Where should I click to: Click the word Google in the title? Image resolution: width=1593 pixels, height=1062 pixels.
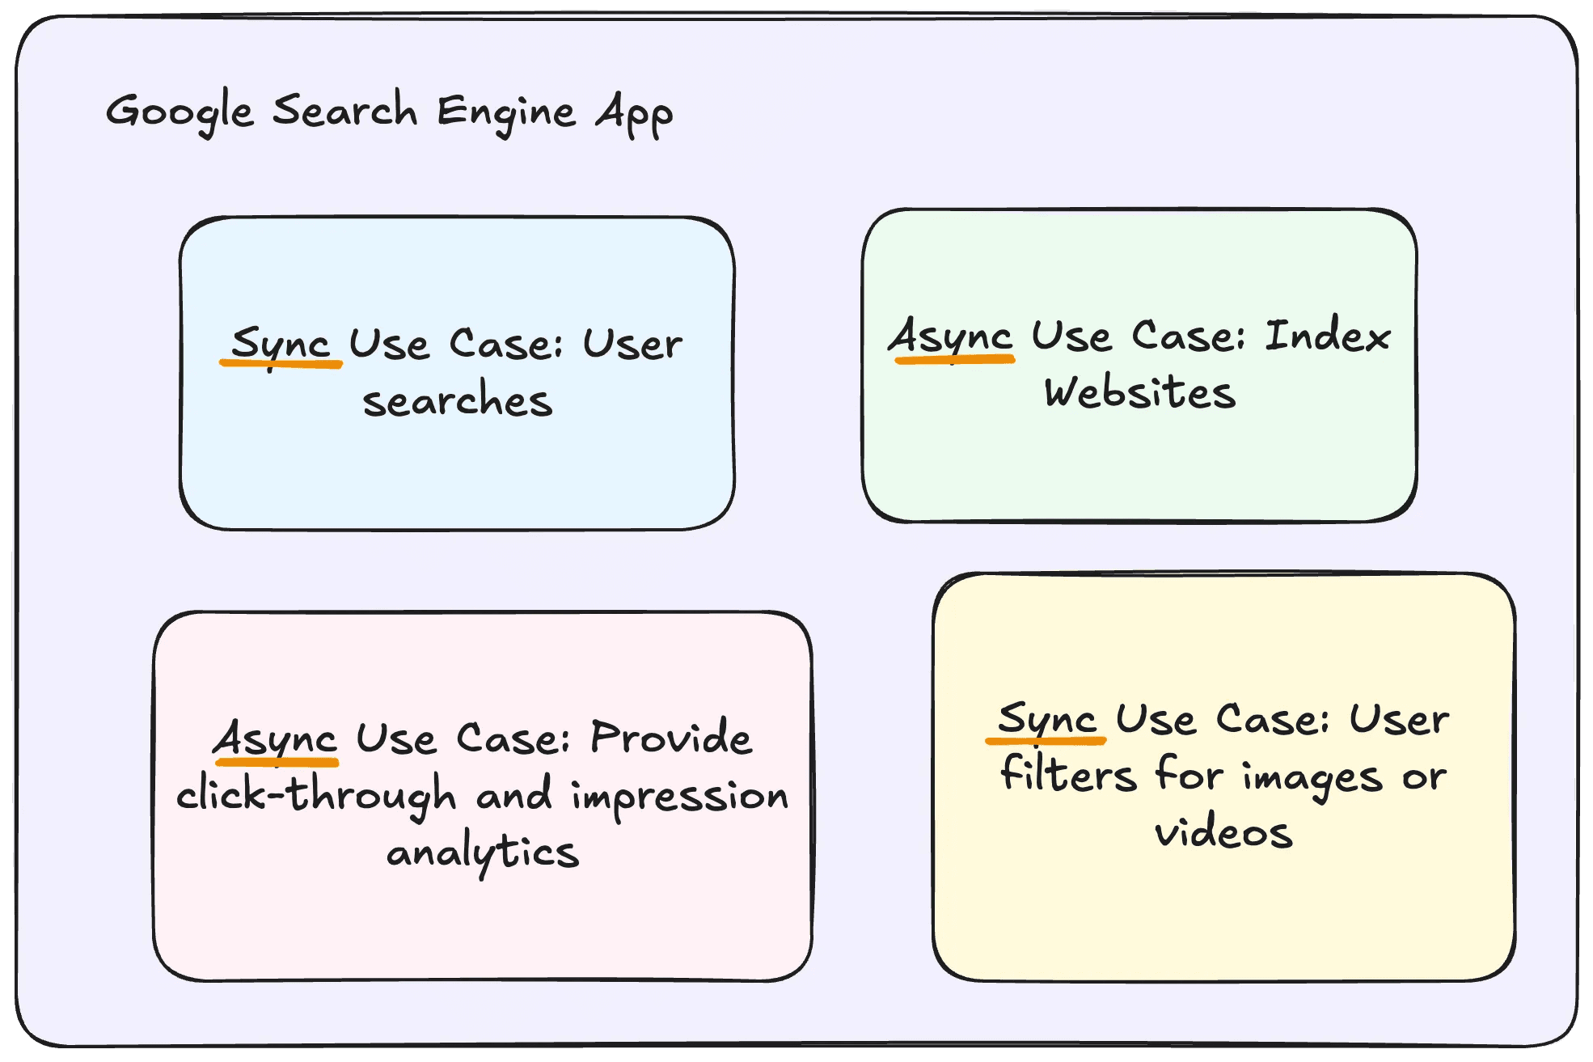pyautogui.click(x=180, y=112)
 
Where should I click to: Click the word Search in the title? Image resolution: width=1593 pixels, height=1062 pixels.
pyautogui.click(x=344, y=110)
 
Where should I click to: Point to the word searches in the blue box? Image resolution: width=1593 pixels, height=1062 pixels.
pyautogui.click(x=458, y=401)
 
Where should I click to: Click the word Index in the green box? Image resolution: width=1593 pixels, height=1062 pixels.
pyautogui.click(x=1328, y=336)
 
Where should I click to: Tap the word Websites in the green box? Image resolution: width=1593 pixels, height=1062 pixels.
pyautogui.click(x=1139, y=393)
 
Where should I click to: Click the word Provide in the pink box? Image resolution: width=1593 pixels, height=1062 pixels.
pyautogui.click(x=671, y=738)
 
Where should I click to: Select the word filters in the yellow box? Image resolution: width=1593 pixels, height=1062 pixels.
pyautogui.click(x=1068, y=775)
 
